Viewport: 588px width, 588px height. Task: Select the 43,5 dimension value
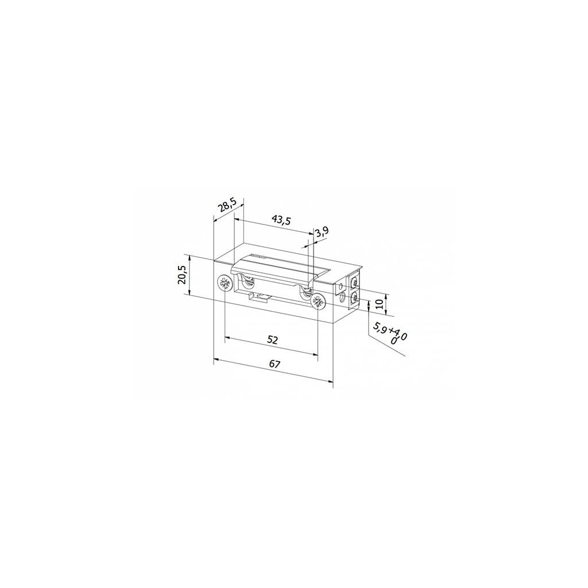281,220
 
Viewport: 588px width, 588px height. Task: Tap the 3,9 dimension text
322,233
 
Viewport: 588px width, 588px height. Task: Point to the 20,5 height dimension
183,275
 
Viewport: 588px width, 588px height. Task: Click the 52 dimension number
273,340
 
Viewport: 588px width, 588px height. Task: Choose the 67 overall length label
275,363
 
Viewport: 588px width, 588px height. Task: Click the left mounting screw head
225,284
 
